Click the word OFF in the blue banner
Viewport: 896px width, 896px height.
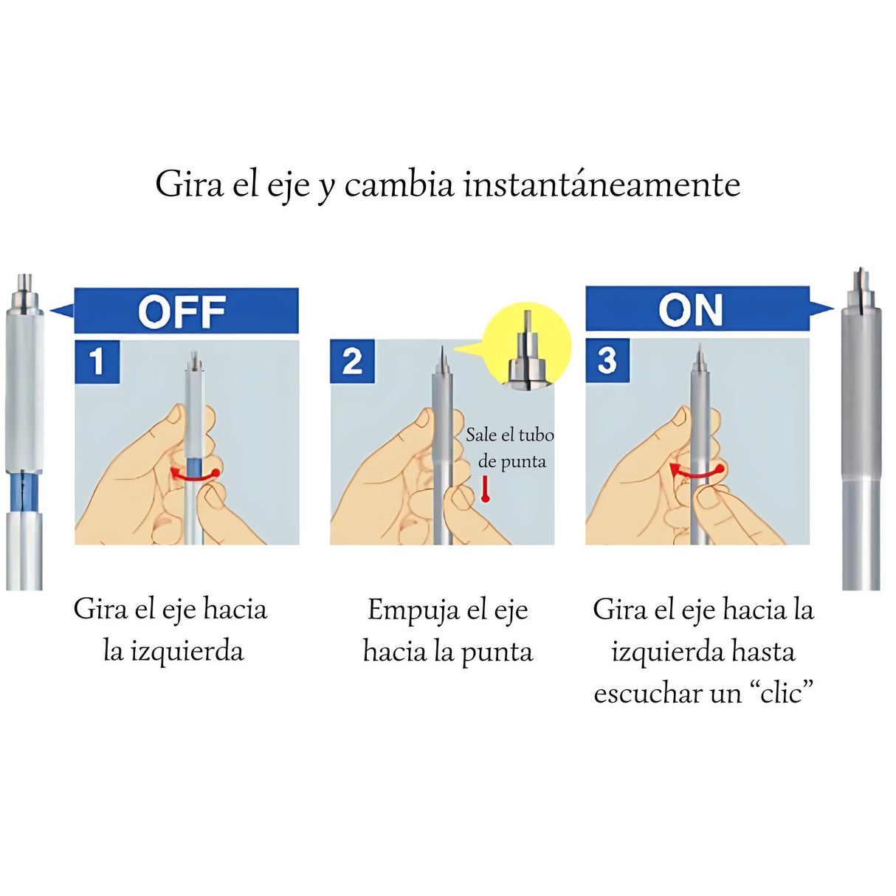click(x=182, y=311)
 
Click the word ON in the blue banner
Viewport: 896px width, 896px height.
click(x=691, y=310)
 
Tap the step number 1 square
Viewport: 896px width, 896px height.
click(x=97, y=362)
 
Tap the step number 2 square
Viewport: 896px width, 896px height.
click(x=352, y=362)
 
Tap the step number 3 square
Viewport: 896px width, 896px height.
click(x=607, y=361)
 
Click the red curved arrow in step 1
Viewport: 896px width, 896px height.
click(x=195, y=475)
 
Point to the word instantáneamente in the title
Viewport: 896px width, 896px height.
click(x=602, y=185)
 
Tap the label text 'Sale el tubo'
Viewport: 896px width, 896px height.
click(x=509, y=435)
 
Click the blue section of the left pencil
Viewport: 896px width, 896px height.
click(x=24, y=492)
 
